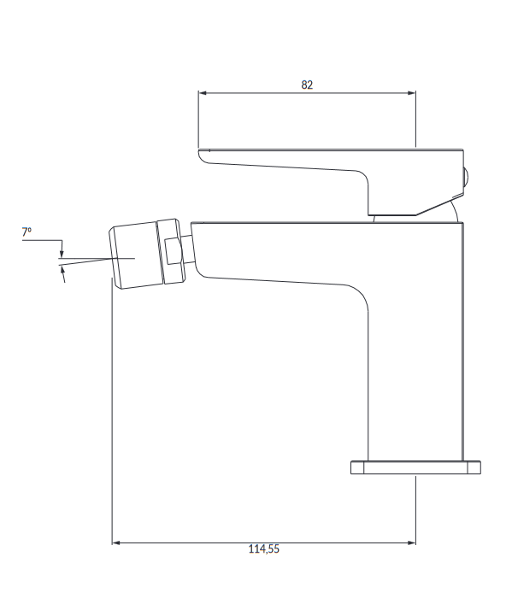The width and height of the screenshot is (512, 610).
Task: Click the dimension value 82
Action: [307, 85]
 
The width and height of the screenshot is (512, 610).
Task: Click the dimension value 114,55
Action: [264, 549]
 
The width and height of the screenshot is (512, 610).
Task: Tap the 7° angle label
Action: [26, 232]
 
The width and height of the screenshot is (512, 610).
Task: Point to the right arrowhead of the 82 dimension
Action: [411, 93]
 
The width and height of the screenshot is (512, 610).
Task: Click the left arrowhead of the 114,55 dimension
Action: [116, 543]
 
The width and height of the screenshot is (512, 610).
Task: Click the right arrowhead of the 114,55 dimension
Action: [411, 543]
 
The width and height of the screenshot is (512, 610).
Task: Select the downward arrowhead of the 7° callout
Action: [62, 254]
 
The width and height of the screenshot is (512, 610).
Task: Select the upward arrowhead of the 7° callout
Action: [62, 270]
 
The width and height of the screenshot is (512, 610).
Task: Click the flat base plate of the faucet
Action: [415, 467]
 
